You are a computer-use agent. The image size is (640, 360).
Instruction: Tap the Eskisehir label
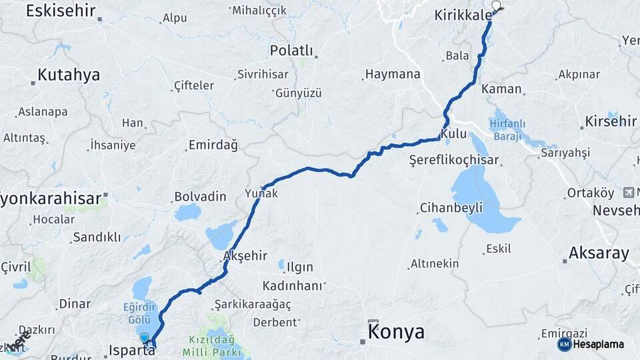click(61, 10)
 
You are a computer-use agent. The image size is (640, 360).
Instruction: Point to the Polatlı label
click(291, 51)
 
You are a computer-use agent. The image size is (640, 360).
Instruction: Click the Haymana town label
click(393, 75)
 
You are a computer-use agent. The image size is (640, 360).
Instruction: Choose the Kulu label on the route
click(453, 133)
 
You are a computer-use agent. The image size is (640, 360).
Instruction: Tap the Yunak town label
click(261, 194)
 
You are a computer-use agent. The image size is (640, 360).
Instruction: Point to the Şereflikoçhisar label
click(454, 161)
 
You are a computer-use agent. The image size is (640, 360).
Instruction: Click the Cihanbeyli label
click(451, 208)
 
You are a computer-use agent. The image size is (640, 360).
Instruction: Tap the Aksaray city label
click(599, 253)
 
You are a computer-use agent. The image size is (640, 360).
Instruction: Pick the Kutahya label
click(69, 75)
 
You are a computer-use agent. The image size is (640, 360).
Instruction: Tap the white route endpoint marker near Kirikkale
click(495, 7)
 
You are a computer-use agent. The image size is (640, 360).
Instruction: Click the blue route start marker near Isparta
click(145, 339)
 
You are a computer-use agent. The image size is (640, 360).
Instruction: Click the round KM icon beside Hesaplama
click(564, 344)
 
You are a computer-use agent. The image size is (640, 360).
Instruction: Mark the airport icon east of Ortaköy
click(628, 193)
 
